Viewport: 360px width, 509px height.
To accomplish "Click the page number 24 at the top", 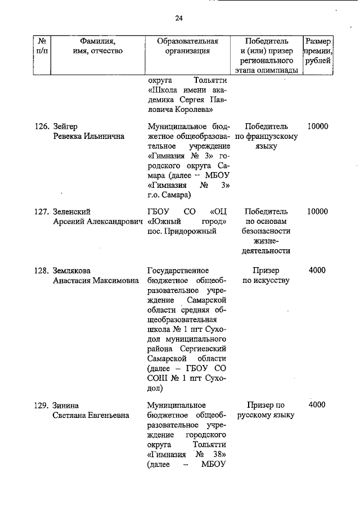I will click(x=179, y=18).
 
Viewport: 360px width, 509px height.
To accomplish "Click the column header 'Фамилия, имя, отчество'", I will click(x=97, y=46).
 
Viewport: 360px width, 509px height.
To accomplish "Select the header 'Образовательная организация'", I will click(x=187, y=46).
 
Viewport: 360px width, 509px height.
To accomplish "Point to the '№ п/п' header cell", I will click(x=42, y=46).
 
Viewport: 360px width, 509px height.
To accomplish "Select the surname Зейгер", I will click(x=66, y=126).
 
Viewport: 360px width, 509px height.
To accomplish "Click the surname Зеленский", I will click(x=71, y=211).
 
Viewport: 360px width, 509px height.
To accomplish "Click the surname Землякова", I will click(x=72, y=271).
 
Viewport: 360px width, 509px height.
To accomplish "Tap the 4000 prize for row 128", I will click(x=317, y=271).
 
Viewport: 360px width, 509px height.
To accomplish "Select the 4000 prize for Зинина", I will click(x=317, y=405).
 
